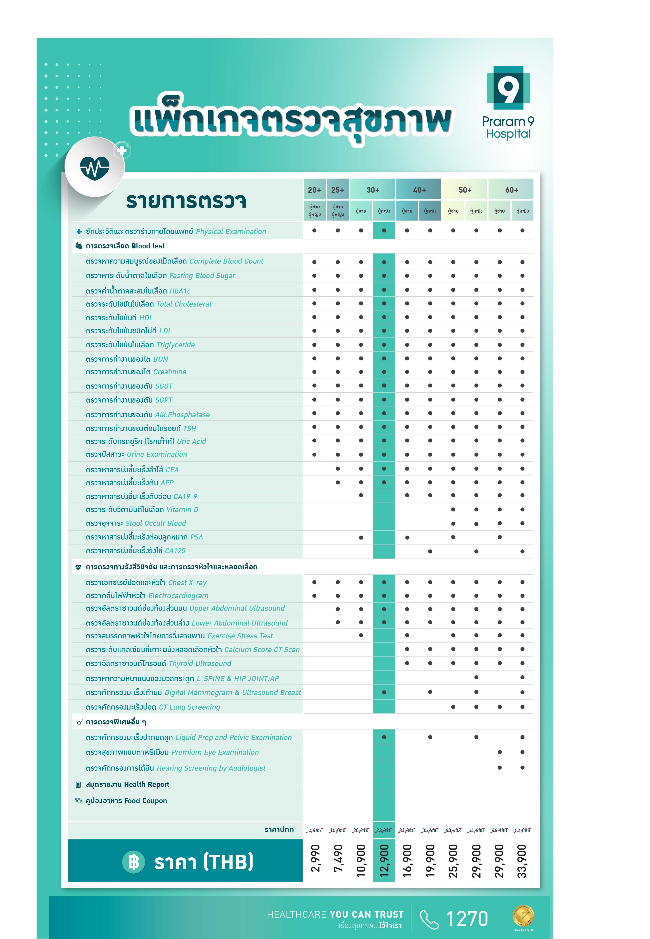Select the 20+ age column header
314,190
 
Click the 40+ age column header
419,190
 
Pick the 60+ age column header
512,190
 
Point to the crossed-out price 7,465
314,830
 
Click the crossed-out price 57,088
522,830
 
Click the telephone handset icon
429,920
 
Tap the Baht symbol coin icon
134,862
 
